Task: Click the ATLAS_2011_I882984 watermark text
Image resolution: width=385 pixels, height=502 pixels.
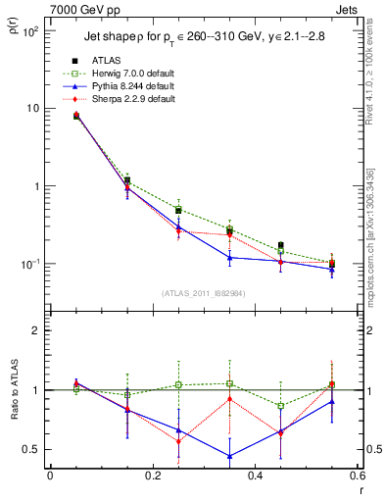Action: pos(204,293)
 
